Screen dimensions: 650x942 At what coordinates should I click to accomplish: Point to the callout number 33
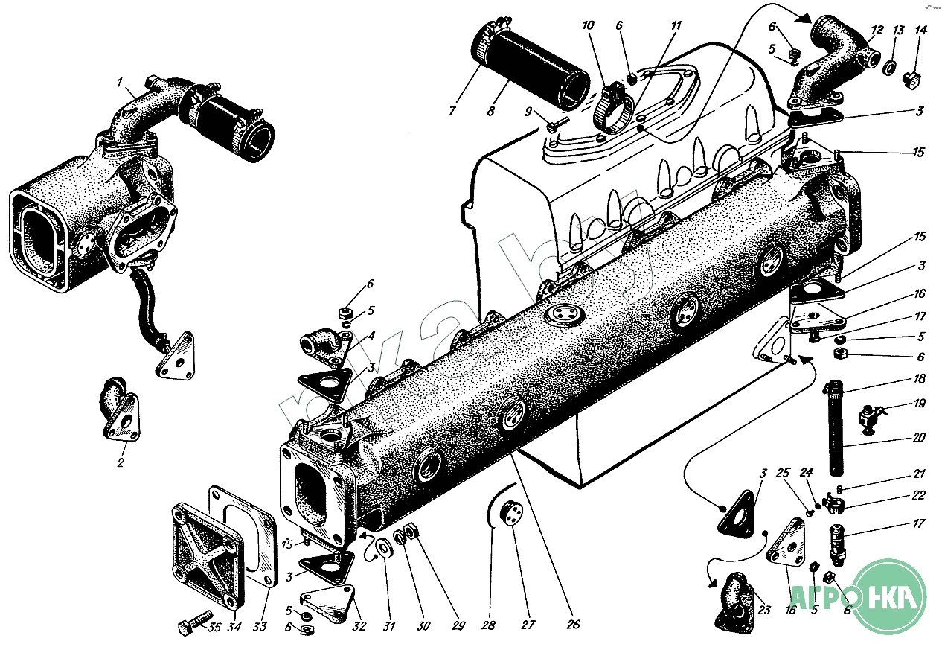[x=259, y=627]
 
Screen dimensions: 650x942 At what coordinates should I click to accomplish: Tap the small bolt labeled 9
[x=556, y=124]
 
